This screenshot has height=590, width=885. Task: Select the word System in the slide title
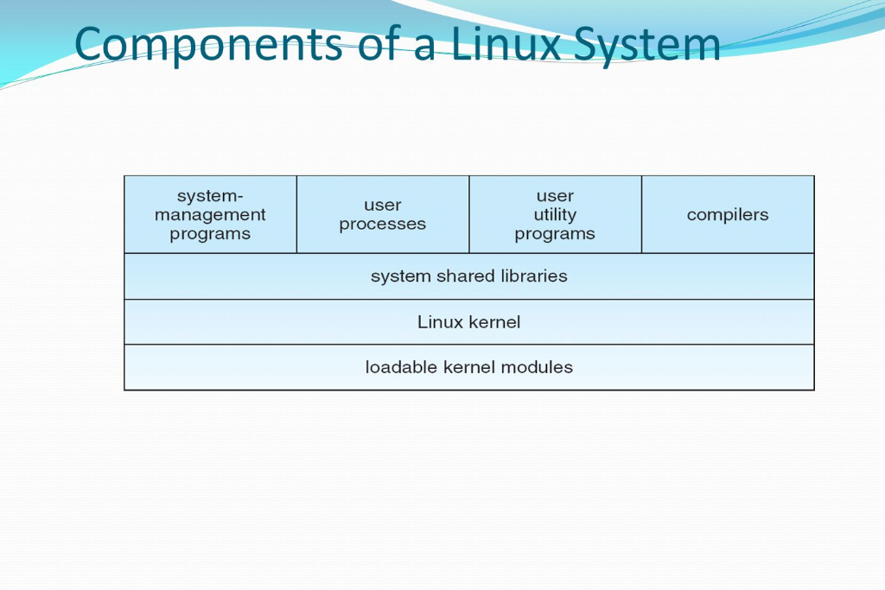pos(653,45)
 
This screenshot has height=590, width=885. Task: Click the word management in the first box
pos(210,215)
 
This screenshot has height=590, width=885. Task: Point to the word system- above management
pos(210,196)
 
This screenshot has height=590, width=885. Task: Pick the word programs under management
pos(210,234)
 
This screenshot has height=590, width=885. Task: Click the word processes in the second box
pos(383,225)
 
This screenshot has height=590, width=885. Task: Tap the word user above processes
pos(383,206)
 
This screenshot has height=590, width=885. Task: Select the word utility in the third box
pos(555,215)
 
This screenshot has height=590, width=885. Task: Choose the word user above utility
pos(555,196)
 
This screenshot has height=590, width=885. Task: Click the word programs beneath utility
pos(555,234)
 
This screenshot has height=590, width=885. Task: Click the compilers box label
pos(728,215)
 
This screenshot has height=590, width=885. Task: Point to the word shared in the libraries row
pos(442,276)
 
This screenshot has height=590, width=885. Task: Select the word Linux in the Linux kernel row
pos(441,322)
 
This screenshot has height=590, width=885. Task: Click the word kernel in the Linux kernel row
pos(494,322)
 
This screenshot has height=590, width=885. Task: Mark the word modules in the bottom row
pos(539,367)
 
